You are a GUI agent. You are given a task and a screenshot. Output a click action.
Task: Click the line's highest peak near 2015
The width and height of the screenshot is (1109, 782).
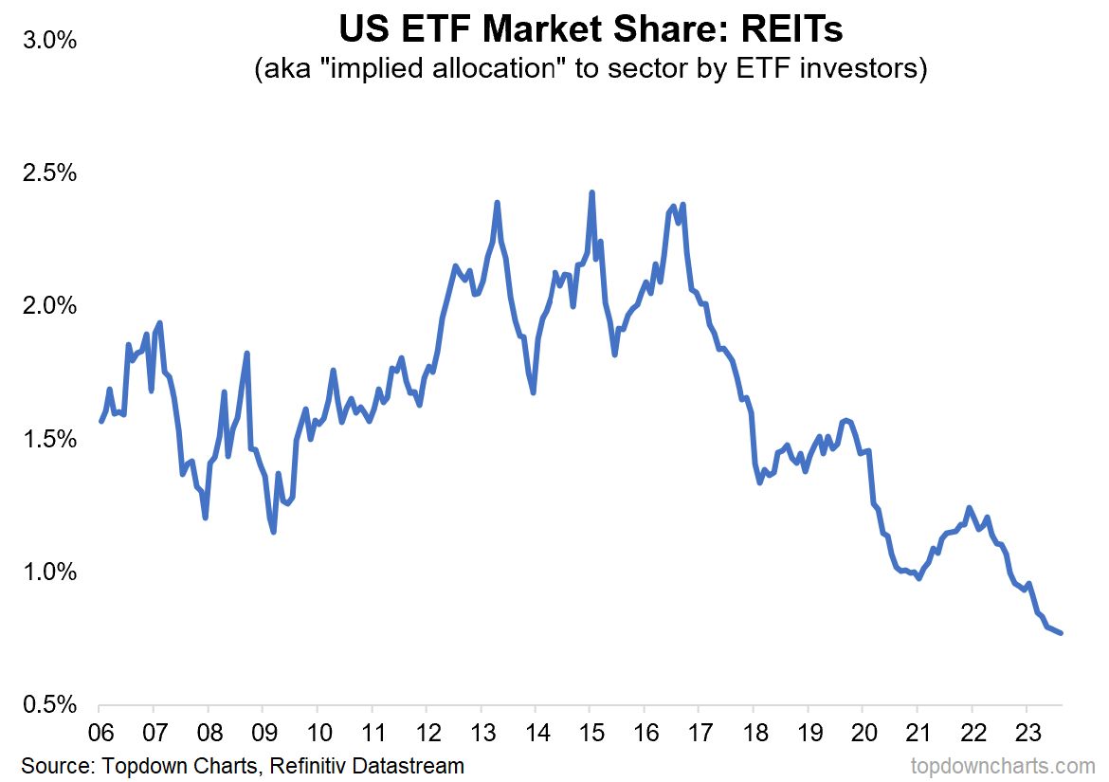pyautogui.click(x=591, y=192)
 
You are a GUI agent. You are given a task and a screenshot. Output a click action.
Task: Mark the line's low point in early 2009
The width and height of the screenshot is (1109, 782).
pyautogui.click(x=273, y=532)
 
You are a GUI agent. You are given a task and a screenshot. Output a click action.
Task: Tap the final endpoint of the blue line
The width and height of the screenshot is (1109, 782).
pyautogui.click(x=1062, y=633)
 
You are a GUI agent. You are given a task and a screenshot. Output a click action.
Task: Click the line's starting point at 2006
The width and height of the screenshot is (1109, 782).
pyautogui.click(x=100, y=421)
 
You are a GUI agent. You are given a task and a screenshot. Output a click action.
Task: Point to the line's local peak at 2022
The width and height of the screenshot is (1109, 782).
pyautogui.click(x=969, y=507)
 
